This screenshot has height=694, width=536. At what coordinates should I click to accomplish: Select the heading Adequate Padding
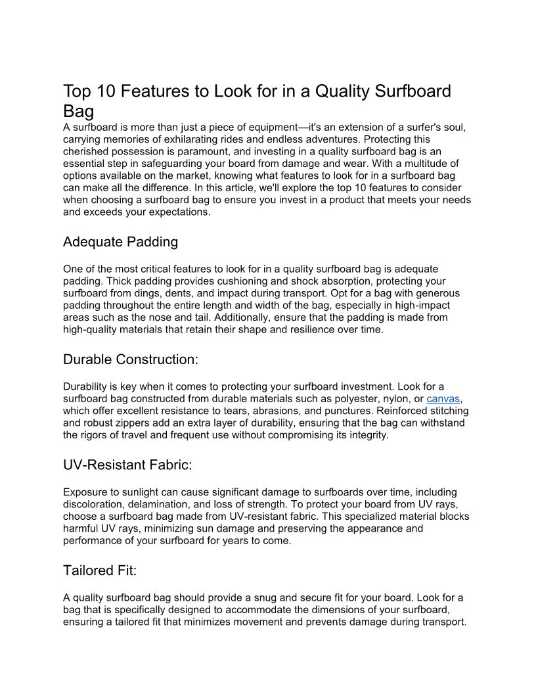point(120,242)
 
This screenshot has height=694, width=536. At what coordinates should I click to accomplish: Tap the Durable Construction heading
point(130,359)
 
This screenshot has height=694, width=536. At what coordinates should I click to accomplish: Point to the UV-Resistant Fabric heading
point(127,465)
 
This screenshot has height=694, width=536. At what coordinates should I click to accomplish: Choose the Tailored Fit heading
point(100,570)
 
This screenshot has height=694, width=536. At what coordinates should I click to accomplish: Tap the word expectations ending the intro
point(177,212)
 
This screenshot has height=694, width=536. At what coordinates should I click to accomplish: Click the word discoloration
point(95,504)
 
